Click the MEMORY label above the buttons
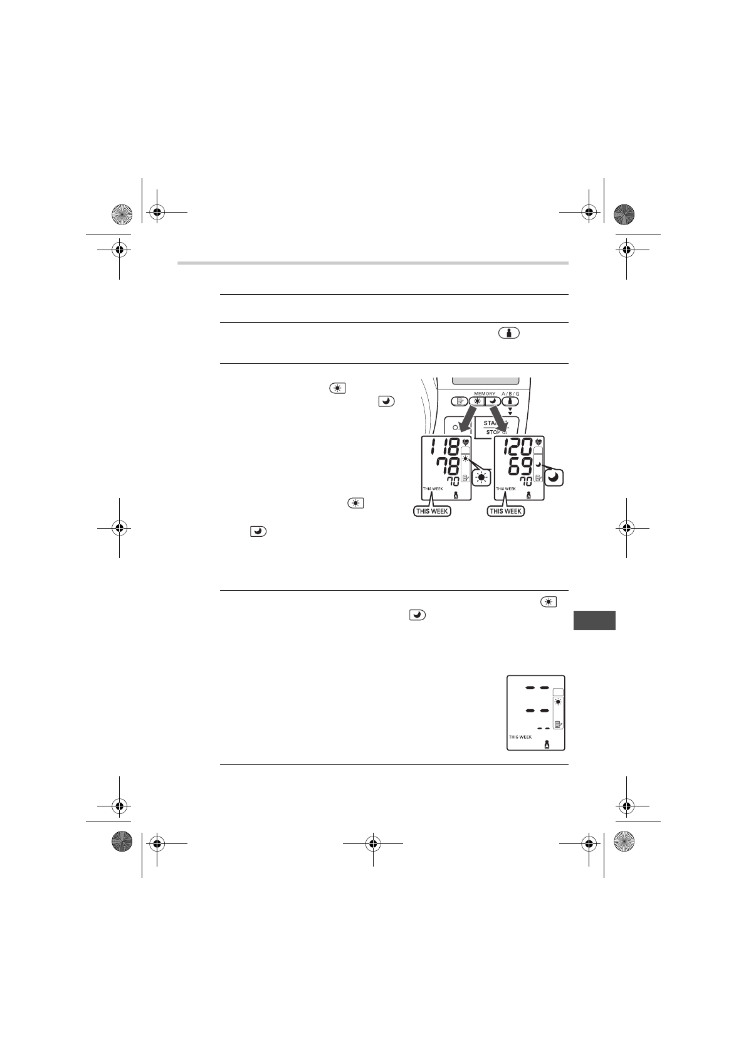[485, 394]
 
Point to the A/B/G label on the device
[510, 394]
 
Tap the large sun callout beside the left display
[481, 478]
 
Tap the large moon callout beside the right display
[554, 478]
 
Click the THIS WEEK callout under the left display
[432, 511]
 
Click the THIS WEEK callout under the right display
[506, 511]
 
